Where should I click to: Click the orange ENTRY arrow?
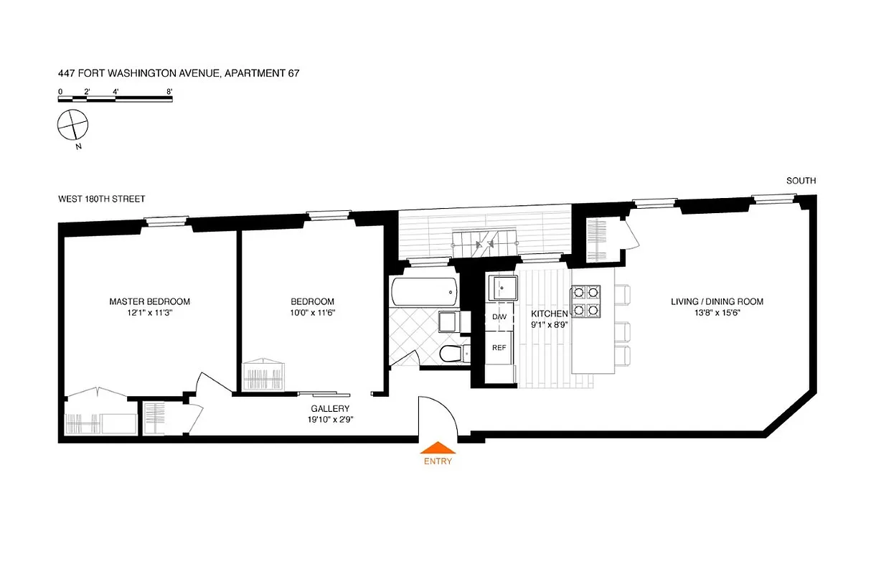438,448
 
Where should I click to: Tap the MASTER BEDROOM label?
149,301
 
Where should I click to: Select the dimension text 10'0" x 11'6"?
312,313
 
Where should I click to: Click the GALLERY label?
330,409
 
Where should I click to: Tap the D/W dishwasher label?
499,317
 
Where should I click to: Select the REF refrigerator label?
499,347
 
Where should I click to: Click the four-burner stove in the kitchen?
585,301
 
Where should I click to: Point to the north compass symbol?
72,126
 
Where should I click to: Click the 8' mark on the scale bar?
169,91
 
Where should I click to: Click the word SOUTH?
801,181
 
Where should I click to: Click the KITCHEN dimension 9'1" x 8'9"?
549,324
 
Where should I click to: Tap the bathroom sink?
448,322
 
